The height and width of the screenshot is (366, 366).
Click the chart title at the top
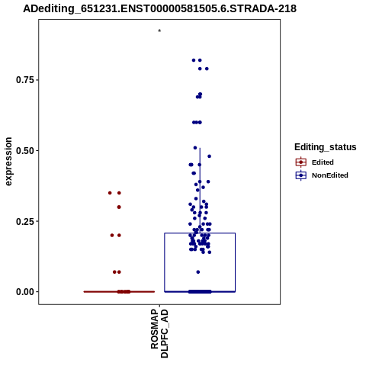pos(159,8)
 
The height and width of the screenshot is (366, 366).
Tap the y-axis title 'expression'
pos(8,162)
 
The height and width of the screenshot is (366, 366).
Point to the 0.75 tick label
pos(25,80)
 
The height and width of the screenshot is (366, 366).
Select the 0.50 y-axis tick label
pos(25,150)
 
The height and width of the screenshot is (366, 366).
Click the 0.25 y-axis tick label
pos(25,221)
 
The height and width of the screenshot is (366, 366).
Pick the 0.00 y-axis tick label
pos(25,292)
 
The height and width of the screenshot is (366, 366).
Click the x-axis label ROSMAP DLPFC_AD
pos(159,333)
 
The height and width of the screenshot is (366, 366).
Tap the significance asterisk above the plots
pos(159,31)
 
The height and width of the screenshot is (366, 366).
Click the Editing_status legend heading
pos(326,147)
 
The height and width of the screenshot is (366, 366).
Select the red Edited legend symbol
pos(301,162)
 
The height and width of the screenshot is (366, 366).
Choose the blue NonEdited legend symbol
pos(301,175)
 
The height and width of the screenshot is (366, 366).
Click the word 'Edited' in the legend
pos(323,162)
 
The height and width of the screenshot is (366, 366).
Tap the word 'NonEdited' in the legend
pos(330,175)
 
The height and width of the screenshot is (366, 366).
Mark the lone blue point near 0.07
pos(198,272)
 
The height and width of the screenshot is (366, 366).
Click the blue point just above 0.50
pos(195,148)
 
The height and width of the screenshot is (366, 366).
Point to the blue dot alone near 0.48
pos(209,156)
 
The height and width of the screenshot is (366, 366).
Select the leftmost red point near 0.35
pos(110,193)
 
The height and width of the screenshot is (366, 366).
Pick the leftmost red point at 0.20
pos(112,236)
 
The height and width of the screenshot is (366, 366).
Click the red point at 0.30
pos(119,207)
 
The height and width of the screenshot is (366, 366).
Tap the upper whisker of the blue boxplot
pos(200,191)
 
